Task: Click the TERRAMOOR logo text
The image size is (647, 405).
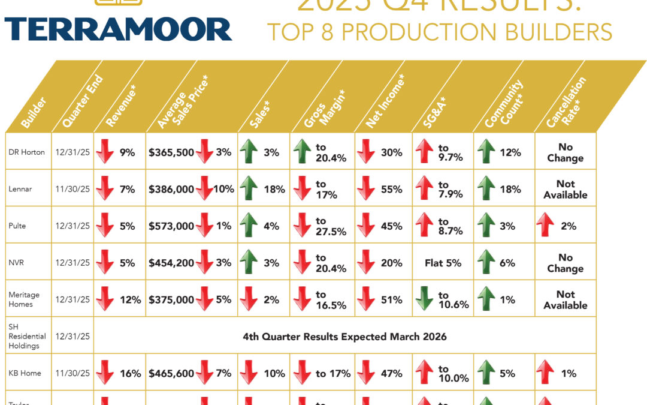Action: point(118,29)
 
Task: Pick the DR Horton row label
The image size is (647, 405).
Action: point(28,152)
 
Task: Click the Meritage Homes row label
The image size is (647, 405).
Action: point(25,299)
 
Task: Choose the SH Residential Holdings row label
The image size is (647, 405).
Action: point(24,336)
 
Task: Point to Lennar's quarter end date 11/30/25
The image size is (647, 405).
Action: point(72,190)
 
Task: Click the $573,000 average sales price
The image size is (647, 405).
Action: point(171,226)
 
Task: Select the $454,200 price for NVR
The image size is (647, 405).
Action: point(171,263)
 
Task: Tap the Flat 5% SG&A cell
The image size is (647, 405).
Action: point(443,263)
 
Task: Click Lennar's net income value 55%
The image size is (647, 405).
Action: point(391,190)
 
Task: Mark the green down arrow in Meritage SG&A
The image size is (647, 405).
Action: point(424,299)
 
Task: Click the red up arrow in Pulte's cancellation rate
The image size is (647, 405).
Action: point(546,226)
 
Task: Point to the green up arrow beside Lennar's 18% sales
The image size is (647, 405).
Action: point(249,190)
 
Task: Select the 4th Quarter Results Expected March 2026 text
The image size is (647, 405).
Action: point(344,337)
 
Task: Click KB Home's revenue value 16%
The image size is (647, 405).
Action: point(131,373)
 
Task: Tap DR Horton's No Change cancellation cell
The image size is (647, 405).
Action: point(565,152)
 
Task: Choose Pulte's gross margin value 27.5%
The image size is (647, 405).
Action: point(331,232)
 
